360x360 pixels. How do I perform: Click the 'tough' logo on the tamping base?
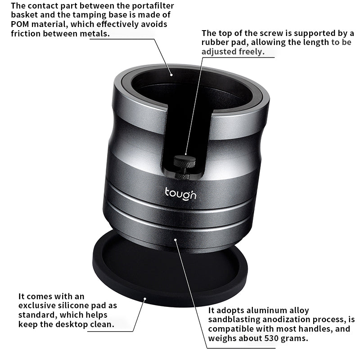point(180,194)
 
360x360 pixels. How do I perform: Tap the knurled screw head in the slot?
point(184,162)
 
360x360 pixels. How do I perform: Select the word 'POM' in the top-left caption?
point(20,24)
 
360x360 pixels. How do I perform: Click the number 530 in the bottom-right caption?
point(272,338)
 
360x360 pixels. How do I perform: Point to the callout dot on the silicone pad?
point(145,298)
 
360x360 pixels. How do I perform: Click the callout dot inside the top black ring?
point(171,75)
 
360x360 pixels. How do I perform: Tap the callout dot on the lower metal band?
point(175,240)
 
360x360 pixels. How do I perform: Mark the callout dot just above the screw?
point(186,154)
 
